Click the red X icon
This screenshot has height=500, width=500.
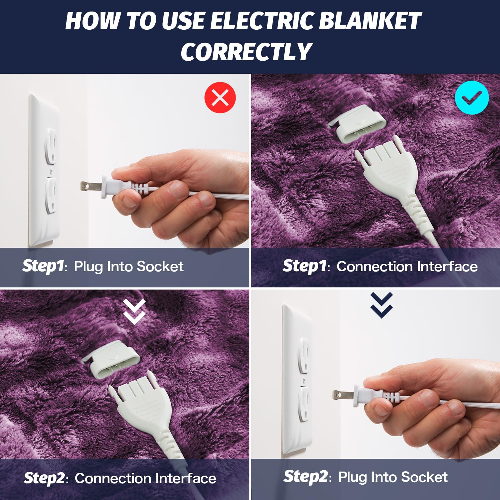[220, 97]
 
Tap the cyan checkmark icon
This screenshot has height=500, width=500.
[472, 97]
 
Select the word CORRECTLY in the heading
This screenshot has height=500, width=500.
[247, 52]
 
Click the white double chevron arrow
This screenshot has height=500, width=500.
[134, 312]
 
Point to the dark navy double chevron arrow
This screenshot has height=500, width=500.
[381, 305]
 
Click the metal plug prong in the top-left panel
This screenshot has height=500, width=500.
[91, 187]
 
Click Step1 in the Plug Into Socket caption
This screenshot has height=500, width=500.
[43, 266]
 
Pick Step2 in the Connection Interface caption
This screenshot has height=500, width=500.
[44, 478]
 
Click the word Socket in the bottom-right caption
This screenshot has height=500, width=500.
[424, 477]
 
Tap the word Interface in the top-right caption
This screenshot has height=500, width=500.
[447, 267]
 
